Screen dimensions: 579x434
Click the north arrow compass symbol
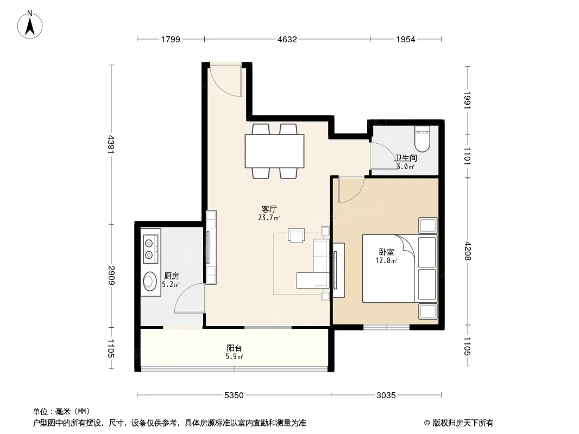[30, 25]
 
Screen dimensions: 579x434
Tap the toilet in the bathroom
[423, 139]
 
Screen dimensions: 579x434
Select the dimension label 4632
[287, 40]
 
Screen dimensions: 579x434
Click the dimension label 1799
[170, 40]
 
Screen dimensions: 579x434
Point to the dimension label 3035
[386, 395]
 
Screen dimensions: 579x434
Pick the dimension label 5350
[234, 395]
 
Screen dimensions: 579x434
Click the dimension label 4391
[111, 144]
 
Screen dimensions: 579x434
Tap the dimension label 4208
[468, 251]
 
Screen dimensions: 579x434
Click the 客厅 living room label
[269, 209]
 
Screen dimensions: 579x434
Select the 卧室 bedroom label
[387, 252]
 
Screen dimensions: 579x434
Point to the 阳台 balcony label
[234, 348]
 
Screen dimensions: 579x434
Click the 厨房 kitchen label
[171, 276]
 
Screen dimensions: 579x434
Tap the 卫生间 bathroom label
[406, 158]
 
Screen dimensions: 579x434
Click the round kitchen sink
[150, 282]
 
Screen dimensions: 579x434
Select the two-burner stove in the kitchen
[150, 249]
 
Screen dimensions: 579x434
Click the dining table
[275, 151]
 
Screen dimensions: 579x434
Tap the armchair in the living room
[297, 235]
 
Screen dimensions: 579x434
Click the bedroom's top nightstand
[427, 225]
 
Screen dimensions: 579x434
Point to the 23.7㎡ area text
[269, 218]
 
